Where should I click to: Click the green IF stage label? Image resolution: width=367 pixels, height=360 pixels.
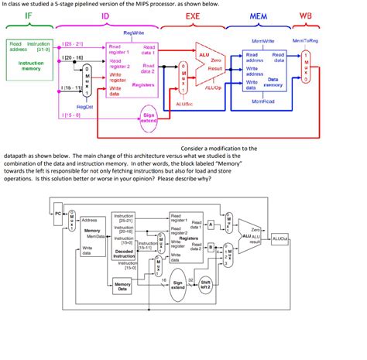[29, 15]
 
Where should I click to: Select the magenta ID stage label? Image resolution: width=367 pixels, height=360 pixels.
[105, 15]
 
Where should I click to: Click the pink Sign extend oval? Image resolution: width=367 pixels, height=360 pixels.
[150, 118]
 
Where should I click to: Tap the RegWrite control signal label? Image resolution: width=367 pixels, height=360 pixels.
[135, 35]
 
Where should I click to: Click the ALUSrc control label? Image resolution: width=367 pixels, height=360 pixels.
[185, 103]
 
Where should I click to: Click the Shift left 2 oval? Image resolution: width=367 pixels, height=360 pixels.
[207, 285]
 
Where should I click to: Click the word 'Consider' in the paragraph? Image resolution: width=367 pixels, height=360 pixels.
[198, 147]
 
